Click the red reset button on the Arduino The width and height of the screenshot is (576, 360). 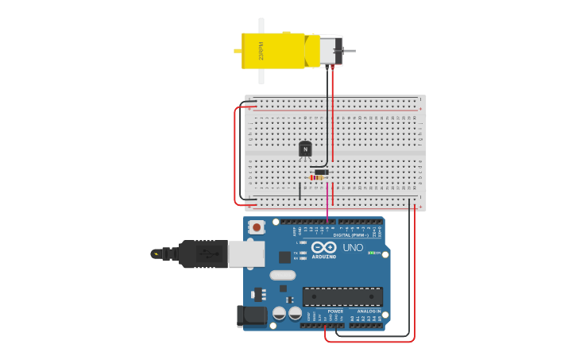[x=256, y=227]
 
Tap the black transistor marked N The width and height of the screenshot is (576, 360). [x=305, y=149]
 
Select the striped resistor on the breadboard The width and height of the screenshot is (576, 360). [x=319, y=177]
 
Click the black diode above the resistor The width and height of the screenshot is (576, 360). [x=321, y=172]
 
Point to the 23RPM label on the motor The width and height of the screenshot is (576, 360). [x=261, y=51]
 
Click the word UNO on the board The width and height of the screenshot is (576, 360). [x=353, y=248]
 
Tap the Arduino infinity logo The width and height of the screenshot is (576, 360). [x=324, y=248]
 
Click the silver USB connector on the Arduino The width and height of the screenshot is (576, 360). [x=246, y=254]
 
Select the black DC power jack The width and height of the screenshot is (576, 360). [x=253, y=315]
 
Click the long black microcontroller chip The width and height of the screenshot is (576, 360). [x=342, y=296]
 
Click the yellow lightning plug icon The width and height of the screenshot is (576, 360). [x=156, y=254]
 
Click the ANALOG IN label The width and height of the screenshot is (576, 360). [x=367, y=311]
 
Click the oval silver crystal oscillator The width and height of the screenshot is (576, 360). [x=282, y=275]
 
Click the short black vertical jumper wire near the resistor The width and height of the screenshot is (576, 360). [x=300, y=191]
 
